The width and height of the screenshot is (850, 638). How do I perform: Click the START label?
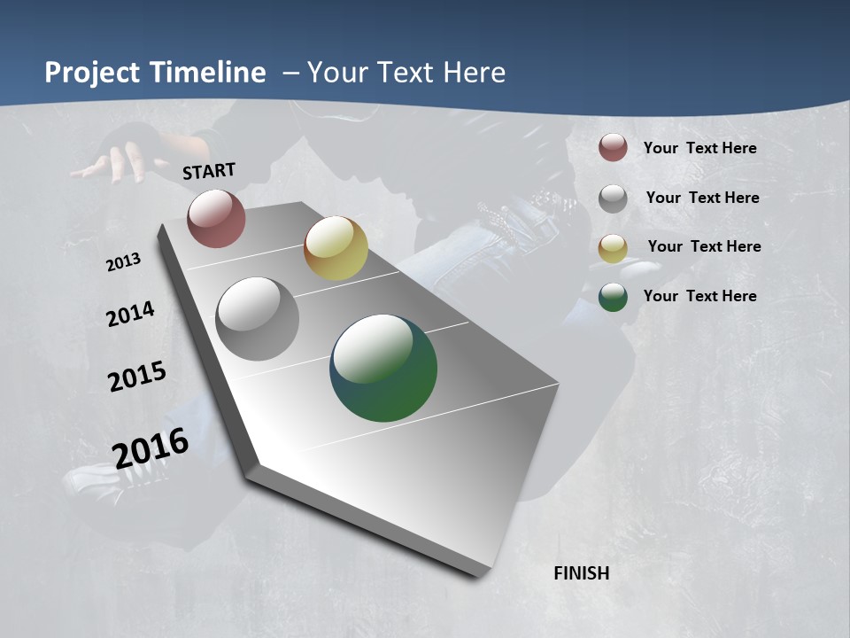(209, 171)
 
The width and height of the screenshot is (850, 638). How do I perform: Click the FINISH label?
(582, 573)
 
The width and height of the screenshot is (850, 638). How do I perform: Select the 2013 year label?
(124, 262)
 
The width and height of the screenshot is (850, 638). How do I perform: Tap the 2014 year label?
(130, 315)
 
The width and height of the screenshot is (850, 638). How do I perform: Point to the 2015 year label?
(137, 377)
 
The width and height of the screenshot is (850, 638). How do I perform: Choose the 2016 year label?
(151, 448)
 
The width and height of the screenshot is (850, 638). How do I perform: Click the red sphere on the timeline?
(216, 218)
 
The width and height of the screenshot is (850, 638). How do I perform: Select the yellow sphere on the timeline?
(336, 248)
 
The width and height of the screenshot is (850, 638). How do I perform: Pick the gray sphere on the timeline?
(257, 318)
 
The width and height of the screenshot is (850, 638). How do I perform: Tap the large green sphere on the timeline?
(383, 368)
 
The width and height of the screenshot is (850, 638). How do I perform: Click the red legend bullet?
(613, 147)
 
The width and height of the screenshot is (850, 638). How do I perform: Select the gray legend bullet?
(613, 198)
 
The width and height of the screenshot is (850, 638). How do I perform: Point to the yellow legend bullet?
(613, 247)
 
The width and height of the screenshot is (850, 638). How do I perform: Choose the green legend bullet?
(613, 296)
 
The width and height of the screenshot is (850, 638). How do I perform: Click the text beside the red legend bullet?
(699, 148)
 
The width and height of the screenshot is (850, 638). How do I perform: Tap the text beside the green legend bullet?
(699, 296)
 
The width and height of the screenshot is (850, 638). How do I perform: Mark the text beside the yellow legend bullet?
(704, 246)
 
